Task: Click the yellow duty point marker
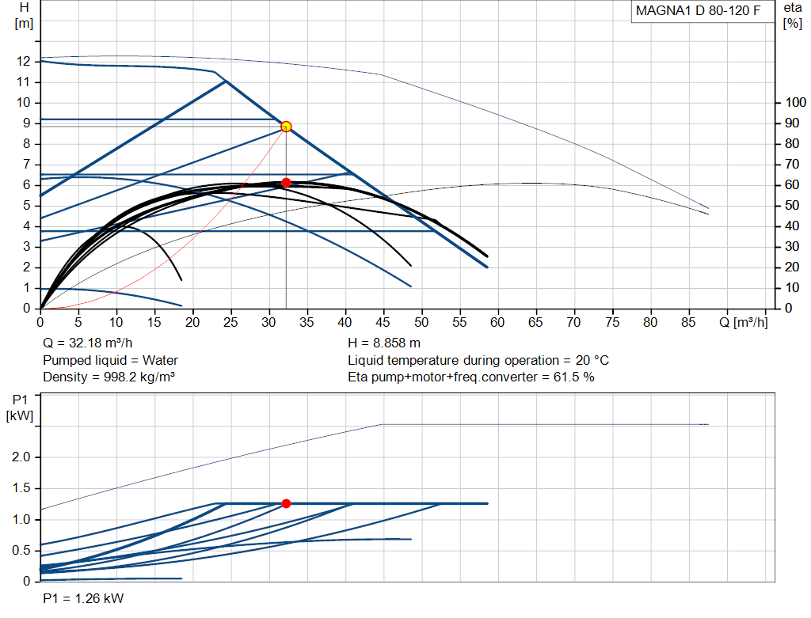(x=286, y=127)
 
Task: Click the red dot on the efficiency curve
(x=286, y=183)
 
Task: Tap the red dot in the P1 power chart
(x=286, y=503)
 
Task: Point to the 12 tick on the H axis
(x=23, y=62)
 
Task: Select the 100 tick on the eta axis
(x=795, y=102)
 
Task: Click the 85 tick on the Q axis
(x=688, y=322)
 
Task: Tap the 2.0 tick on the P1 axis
(x=21, y=457)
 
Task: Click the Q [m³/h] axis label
(x=743, y=322)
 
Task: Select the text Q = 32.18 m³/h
(x=87, y=343)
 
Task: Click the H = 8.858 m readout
(x=384, y=343)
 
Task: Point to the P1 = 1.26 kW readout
(x=83, y=598)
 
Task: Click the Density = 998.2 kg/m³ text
(x=109, y=377)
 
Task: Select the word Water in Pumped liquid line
(x=160, y=360)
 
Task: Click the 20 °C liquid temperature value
(x=592, y=360)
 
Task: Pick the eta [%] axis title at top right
(x=792, y=16)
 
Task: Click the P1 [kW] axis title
(x=20, y=408)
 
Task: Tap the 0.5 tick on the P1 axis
(x=21, y=550)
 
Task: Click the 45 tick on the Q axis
(x=383, y=322)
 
